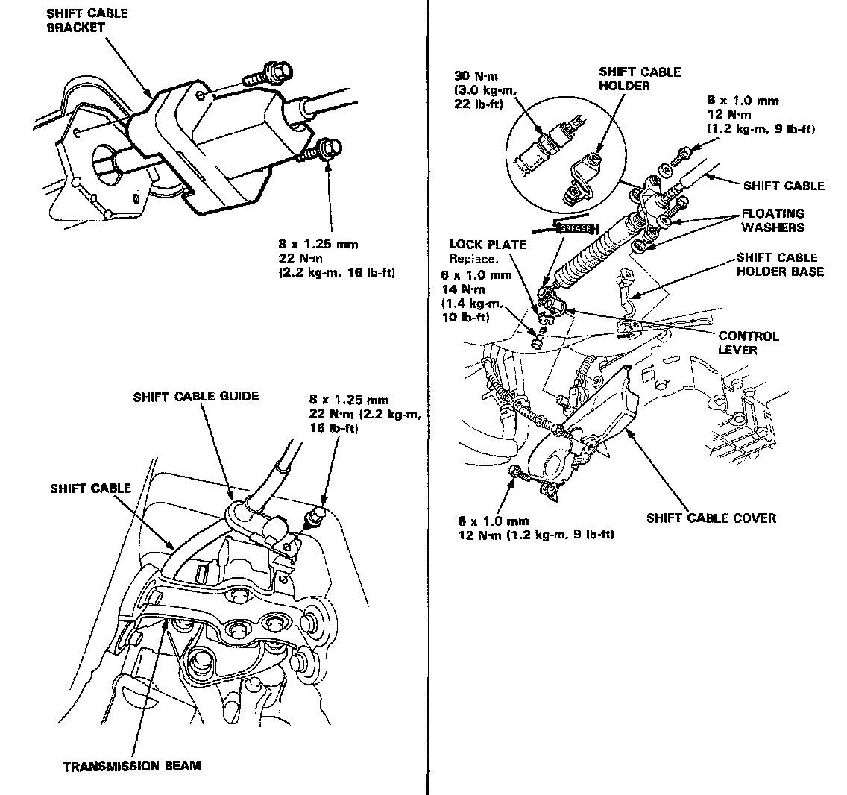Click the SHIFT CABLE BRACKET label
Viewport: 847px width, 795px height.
(x=86, y=20)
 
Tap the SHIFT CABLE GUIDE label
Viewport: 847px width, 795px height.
(x=196, y=396)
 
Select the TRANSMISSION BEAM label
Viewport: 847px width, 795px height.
(x=132, y=766)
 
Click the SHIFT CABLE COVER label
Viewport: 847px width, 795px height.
(x=711, y=518)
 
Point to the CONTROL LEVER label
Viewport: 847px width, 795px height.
(x=748, y=343)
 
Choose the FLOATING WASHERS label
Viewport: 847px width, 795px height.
(x=772, y=220)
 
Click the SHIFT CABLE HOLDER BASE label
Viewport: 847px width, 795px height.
(x=780, y=265)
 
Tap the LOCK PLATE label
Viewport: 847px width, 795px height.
(x=487, y=245)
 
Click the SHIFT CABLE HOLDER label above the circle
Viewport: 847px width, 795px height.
(x=639, y=78)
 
